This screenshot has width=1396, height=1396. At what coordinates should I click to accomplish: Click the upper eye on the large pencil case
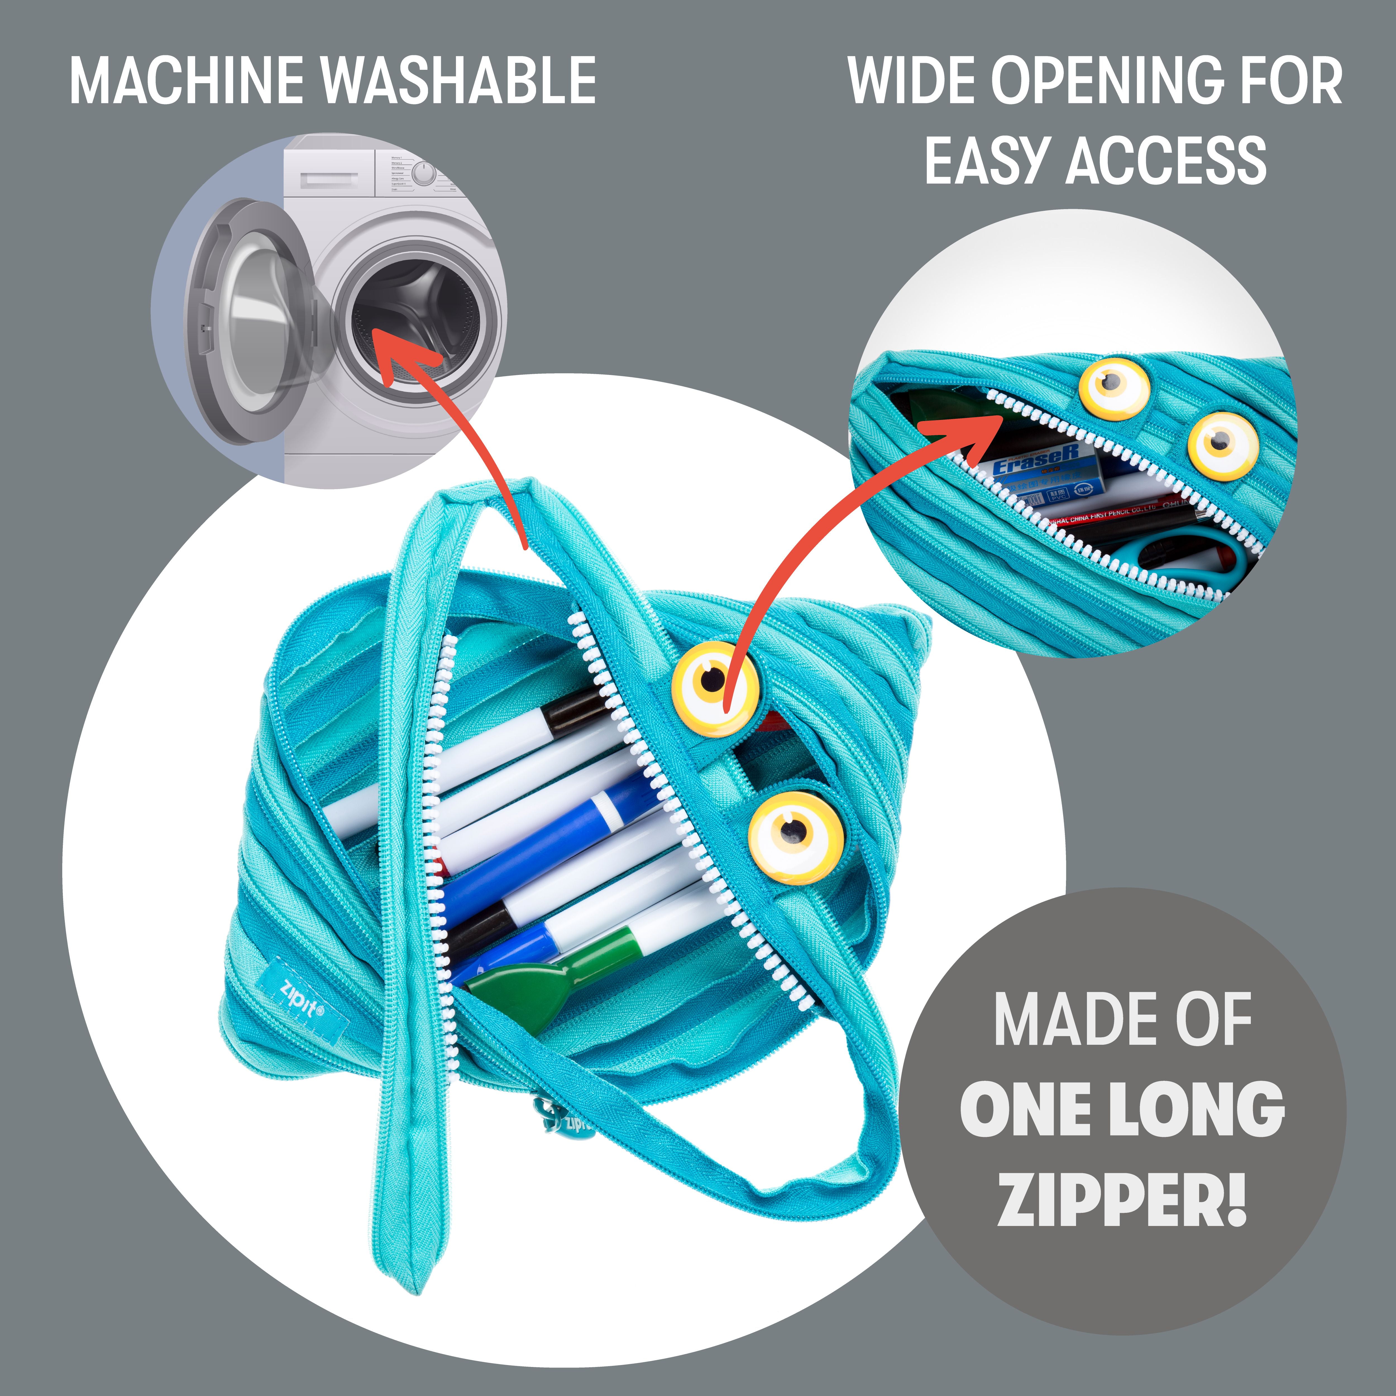click(715, 683)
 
